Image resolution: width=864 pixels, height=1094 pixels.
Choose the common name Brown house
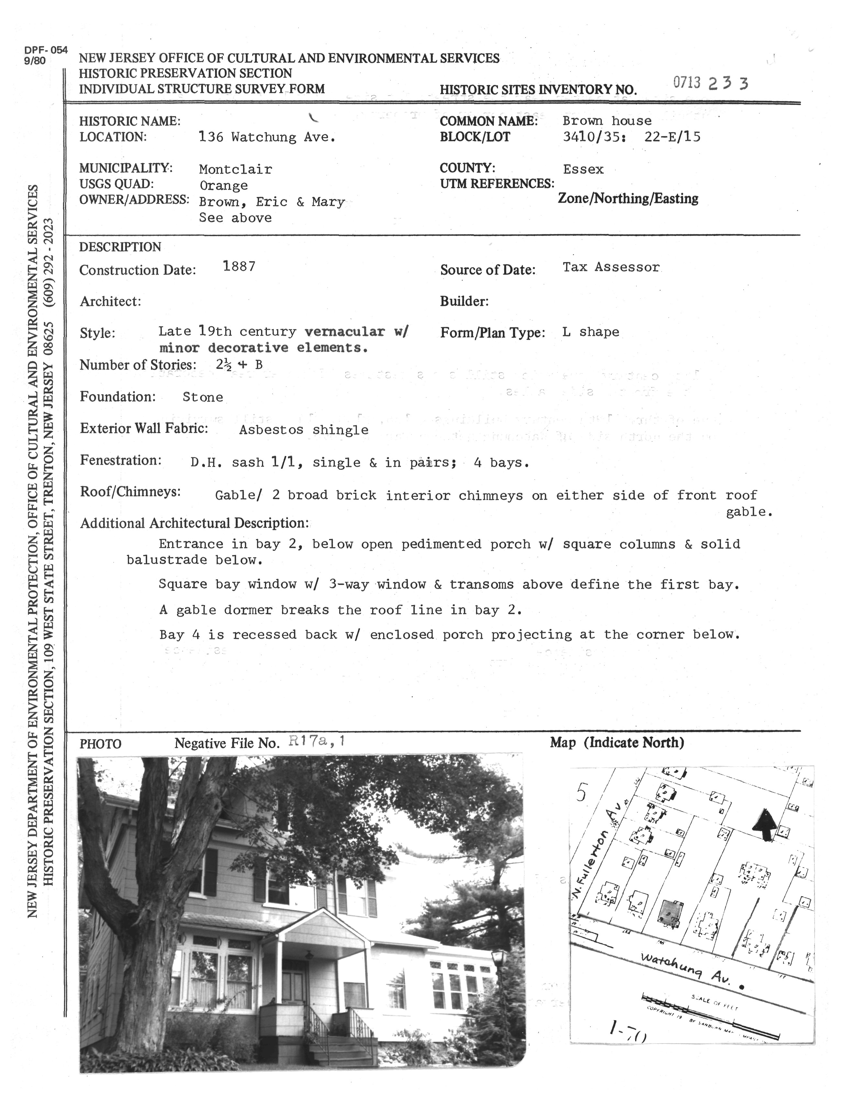pos(606,121)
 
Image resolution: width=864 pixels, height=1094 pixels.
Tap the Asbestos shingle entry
pos(304,430)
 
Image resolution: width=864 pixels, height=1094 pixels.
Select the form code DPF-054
pos(46,50)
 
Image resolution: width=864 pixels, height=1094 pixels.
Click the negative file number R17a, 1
pos(317,742)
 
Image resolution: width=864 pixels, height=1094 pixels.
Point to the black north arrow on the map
pos(765,825)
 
